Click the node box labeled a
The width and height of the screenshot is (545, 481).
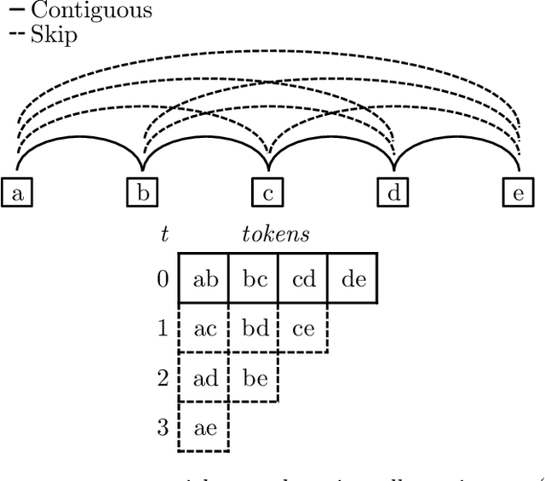click(17, 193)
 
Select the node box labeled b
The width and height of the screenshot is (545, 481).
click(142, 193)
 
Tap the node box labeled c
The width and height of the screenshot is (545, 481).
click(267, 193)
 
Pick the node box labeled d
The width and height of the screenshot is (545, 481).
click(393, 193)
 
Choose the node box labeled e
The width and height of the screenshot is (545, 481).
click(518, 193)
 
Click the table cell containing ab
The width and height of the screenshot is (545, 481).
click(204, 278)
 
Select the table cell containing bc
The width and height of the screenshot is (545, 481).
click(254, 278)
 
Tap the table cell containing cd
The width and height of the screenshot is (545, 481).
click(303, 278)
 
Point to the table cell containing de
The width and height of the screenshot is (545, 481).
click(353, 278)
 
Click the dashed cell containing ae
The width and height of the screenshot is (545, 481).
click(204, 427)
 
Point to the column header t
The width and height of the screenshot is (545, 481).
click(164, 235)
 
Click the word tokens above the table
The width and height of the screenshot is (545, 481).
click(275, 235)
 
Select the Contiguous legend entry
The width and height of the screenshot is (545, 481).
click(80, 11)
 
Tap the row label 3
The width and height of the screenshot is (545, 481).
click(163, 427)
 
